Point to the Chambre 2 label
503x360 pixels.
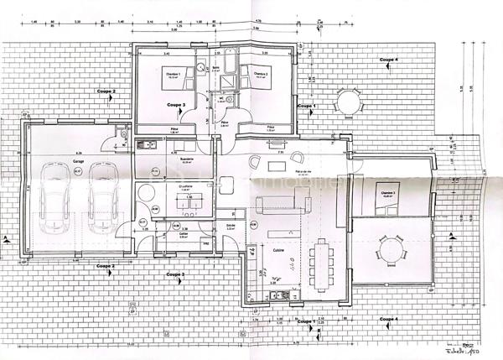pyautogui.click(x=261, y=74)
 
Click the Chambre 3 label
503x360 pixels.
pyautogui.click(x=387, y=192)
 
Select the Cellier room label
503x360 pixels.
pyautogui.click(x=183, y=235)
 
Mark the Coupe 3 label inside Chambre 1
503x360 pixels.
pyautogui.click(x=176, y=105)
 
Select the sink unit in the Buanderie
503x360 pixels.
pyautogui.click(x=148, y=143)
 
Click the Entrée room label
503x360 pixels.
pyautogui.click(x=231, y=227)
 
